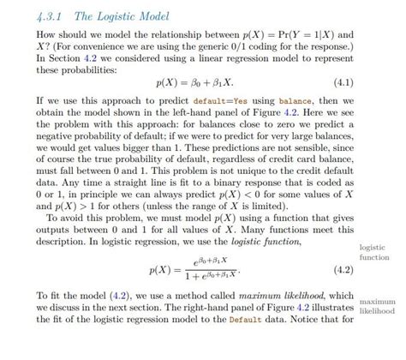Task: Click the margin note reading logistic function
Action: click(374, 252)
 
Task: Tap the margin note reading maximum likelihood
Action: click(378, 307)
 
